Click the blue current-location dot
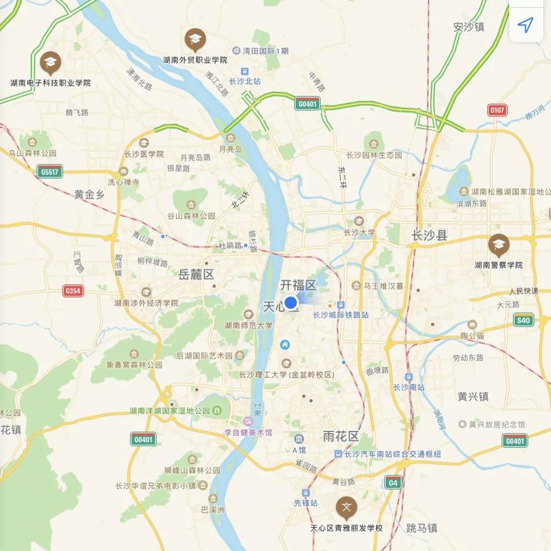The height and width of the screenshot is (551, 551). (290, 302)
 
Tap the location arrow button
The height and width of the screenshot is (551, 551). (526, 25)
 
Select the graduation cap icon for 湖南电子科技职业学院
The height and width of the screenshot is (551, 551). (50, 62)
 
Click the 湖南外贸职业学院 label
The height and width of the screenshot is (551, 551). (195, 60)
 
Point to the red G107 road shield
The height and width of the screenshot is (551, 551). (497, 110)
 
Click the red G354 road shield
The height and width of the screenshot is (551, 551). (73, 291)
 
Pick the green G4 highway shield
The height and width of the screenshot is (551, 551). (392, 483)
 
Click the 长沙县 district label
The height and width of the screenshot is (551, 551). (430, 236)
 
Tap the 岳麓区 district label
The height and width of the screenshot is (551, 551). (196, 274)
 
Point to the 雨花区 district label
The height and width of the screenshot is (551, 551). (341, 437)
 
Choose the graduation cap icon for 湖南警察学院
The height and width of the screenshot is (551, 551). (499, 244)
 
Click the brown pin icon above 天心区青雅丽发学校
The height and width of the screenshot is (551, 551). (346, 507)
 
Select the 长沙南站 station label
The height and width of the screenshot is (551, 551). (409, 387)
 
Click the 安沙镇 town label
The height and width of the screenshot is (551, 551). (468, 26)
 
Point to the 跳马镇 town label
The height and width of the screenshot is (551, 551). (421, 527)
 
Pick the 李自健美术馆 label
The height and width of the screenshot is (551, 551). (248, 433)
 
